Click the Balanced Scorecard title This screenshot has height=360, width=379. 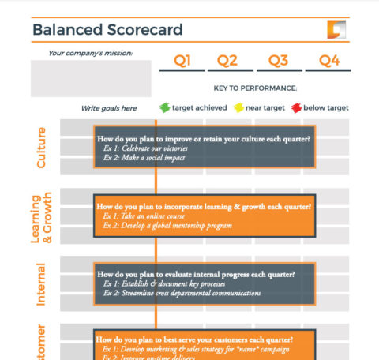coord(107,31)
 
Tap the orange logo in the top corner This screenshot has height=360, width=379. coord(336,30)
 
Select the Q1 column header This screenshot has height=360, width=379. coord(182,61)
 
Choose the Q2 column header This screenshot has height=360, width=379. coord(227,61)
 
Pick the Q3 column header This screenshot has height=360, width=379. coord(278,61)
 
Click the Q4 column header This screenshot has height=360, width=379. coord(328,61)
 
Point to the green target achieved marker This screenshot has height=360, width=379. coord(164,107)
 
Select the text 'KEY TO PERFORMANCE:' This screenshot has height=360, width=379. coord(255,88)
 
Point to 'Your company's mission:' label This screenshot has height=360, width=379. coord(90,54)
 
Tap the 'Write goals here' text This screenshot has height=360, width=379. coord(109,108)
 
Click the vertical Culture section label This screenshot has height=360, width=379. coord(42,147)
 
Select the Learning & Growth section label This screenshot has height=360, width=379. coord(40,217)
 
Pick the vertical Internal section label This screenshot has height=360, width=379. coord(42,284)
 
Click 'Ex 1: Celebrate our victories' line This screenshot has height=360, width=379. coord(148,148)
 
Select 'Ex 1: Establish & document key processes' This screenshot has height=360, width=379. coord(169,283)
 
